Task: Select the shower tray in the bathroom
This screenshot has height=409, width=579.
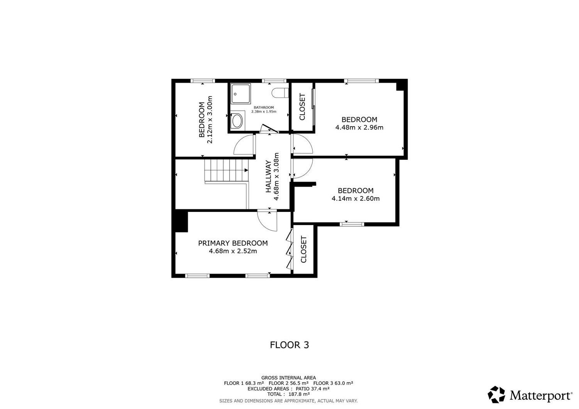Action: click(x=241, y=93)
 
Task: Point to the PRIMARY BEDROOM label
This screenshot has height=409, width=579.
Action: click(x=233, y=243)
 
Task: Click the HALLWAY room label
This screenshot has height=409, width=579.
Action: click(x=269, y=176)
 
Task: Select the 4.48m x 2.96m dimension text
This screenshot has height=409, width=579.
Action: click(x=359, y=127)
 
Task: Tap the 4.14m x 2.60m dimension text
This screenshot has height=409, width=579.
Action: click(x=356, y=198)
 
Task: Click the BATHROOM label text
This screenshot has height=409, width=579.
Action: click(x=264, y=108)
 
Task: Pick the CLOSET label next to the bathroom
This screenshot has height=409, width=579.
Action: click(x=302, y=107)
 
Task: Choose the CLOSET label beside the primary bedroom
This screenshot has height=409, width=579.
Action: click(x=303, y=250)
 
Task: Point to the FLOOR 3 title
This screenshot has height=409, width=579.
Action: click(x=289, y=345)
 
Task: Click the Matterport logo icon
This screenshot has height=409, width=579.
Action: click(x=496, y=395)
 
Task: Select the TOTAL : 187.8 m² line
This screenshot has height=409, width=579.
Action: click(x=288, y=394)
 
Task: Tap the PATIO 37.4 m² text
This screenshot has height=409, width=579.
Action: click(x=313, y=389)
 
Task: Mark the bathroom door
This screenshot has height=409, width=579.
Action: click(x=269, y=128)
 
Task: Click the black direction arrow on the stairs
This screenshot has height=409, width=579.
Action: click(x=246, y=170)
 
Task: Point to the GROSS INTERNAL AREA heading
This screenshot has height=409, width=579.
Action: click(x=288, y=378)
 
